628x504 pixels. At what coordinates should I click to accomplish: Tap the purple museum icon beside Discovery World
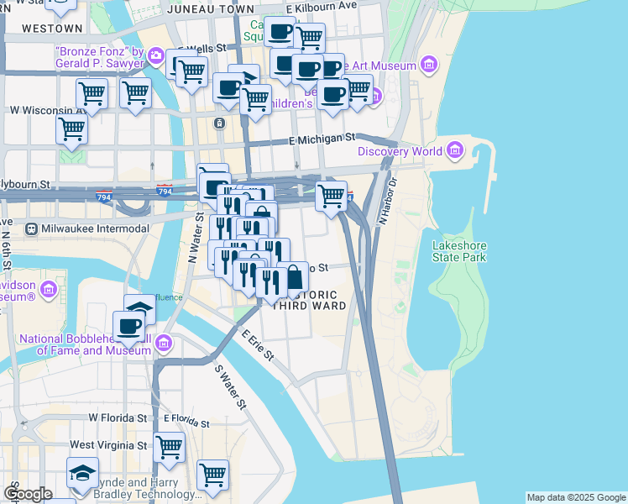(455, 151)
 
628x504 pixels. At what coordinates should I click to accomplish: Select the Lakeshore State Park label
(458, 251)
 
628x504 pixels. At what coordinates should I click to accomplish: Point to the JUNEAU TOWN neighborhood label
(211, 8)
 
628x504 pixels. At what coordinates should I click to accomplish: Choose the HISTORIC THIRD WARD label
(310, 301)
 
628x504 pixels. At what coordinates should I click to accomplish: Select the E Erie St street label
(258, 345)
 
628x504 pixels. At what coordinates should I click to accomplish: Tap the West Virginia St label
(108, 444)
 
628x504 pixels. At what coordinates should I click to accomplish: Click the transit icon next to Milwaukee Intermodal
(31, 228)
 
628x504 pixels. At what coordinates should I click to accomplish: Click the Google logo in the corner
(28, 494)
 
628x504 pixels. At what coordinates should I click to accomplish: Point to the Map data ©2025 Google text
(575, 497)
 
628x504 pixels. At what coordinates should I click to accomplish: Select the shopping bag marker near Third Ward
(294, 277)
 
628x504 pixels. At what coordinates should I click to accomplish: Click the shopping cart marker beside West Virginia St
(169, 446)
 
